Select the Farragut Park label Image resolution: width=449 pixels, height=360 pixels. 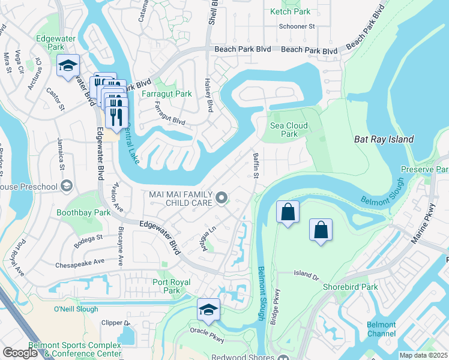coord(166,94)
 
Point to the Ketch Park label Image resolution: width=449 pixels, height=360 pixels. coord(291,11)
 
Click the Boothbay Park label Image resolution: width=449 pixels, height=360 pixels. coord(83,212)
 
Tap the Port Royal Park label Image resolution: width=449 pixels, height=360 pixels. coord(172,286)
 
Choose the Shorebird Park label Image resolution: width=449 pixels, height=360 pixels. coord(350,287)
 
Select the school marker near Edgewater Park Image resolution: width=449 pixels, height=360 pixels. coord(68,65)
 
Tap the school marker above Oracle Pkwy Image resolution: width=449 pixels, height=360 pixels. coord(209,309)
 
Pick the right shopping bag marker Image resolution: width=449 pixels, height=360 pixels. coord(321,230)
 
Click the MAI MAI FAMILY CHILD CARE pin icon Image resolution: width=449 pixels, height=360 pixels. coord(221,197)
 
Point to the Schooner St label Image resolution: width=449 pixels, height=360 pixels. coord(297,26)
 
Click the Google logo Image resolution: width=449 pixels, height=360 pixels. coord(20,353)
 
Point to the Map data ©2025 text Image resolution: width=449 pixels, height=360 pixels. coord(423,355)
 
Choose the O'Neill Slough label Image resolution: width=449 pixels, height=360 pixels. coord(76,309)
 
